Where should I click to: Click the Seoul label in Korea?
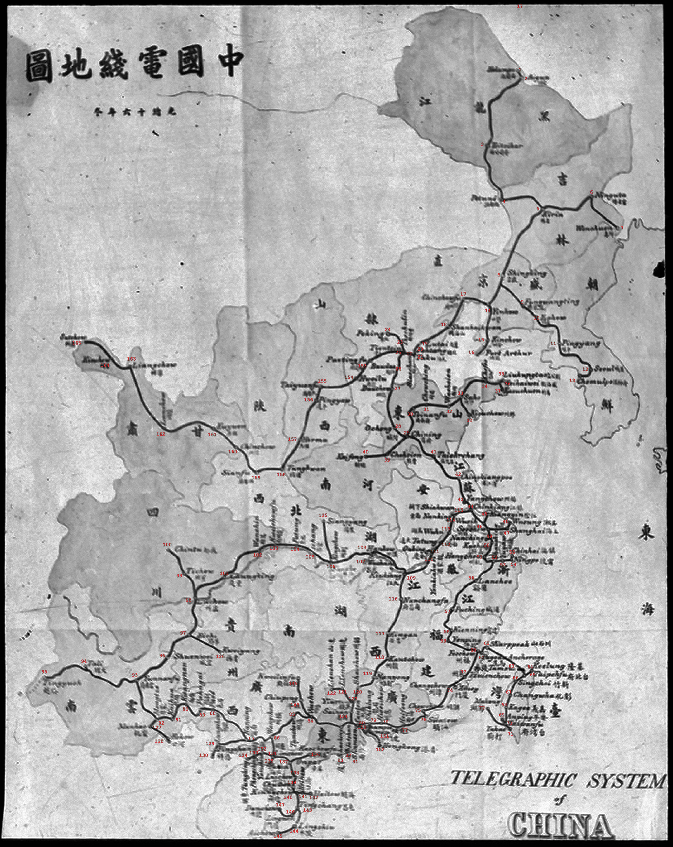tap(603, 368)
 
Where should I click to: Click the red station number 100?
tap(167, 544)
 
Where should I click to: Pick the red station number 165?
tap(77, 343)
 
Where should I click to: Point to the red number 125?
tap(323, 515)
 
